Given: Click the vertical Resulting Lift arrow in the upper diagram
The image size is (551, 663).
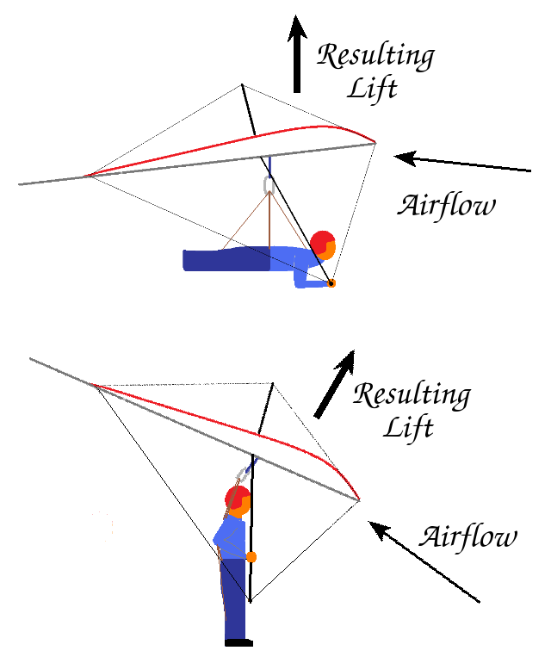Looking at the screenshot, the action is tap(297, 54).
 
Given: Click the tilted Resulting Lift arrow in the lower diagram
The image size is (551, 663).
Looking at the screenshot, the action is tap(335, 384).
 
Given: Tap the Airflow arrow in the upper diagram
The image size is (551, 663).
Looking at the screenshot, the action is tap(462, 163).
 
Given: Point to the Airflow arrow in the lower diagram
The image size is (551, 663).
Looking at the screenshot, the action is tap(424, 561).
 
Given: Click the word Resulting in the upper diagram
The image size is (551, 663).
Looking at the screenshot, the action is tap(375, 56).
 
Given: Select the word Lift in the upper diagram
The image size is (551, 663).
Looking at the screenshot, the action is tap(372, 90).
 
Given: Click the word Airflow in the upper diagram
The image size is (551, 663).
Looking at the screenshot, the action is tap(446, 207).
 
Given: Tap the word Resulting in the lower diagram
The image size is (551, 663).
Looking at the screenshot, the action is tap(412, 395).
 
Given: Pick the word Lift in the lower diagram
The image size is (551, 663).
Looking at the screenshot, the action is tap(408, 429).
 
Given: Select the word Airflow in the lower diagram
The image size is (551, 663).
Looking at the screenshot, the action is tap(467, 537).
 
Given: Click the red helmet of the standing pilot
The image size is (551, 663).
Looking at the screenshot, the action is tap(237, 498).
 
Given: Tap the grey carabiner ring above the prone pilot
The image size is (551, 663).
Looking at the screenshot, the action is tap(269, 185).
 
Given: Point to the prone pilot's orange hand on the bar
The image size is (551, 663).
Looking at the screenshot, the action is tap(331, 283).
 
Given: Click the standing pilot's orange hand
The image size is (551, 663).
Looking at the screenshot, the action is tap(251, 557).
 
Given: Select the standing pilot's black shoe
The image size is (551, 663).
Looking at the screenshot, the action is tap(239, 643).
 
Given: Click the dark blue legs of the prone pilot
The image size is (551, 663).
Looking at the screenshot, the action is tap(226, 260).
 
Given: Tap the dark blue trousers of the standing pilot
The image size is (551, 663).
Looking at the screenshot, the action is tap(233, 598).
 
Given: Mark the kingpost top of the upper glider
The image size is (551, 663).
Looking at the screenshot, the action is tap(242, 85).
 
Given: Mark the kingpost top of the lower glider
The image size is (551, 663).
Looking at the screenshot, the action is tap(273, 383).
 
